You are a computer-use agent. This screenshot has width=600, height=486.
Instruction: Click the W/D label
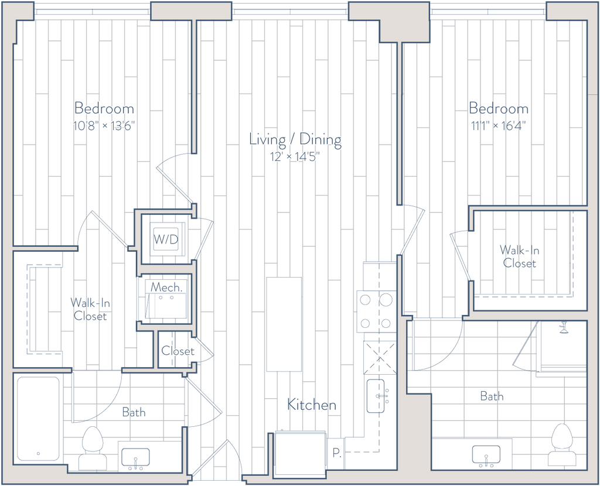(166, 239)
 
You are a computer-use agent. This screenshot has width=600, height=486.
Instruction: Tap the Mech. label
(166, 287)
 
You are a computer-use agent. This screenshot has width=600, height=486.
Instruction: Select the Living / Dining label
(295, 139)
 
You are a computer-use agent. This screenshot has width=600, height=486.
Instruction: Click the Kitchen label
(312, 405)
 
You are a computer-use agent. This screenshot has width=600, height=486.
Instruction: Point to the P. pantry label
(336, 453)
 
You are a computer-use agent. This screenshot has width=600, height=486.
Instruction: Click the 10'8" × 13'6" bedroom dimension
(104, 125)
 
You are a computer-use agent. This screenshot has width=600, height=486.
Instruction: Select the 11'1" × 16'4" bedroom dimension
(499, 125)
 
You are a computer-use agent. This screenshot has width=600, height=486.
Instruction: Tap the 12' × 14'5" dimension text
(295, 156)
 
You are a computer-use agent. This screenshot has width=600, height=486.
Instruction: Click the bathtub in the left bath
(38, 419)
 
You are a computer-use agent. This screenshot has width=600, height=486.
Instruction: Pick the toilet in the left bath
(93, 448)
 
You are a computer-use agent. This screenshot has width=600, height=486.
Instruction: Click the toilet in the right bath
(562, 444)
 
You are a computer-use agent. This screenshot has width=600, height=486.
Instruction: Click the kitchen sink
(376, 396)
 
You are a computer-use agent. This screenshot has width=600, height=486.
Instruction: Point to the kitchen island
(284, 324)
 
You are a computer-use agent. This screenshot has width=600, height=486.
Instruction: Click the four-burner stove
(376, 312)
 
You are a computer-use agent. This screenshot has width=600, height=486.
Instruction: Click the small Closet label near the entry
(178, 351)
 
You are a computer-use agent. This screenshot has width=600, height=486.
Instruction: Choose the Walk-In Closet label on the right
(520, 256)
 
